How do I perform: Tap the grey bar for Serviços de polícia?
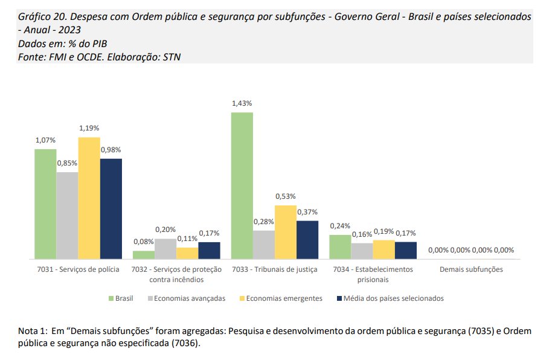pos(67,216)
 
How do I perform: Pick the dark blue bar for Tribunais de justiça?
pos(307,240)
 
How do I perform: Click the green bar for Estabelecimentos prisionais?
pos(340,247)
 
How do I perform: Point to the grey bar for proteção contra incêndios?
pos(165,249)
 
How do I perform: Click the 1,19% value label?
pos(89,129)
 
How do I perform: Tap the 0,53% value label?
pos(286,197)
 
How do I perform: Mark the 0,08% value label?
pos(143,242)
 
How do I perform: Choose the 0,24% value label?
pos(340,226)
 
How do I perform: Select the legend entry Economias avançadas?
pos(189,298)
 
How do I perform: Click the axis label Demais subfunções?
pos(471,269)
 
